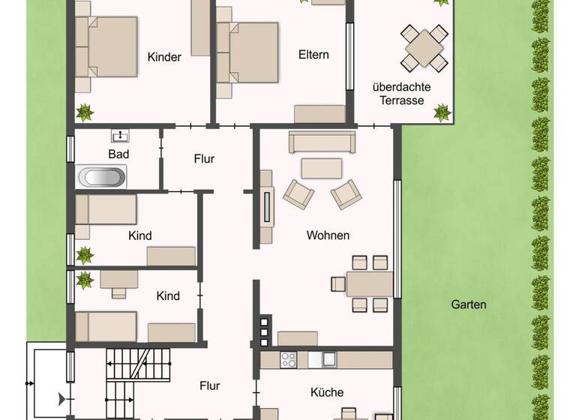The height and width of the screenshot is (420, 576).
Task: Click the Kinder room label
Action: tap(164, 57)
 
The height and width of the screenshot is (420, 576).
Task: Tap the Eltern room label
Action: tap(313, 55)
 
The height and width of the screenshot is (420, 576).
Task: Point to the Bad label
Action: tap(118, 154)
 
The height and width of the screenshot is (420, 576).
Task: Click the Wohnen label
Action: tap(328, 235)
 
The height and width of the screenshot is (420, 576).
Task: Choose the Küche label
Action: tap(327, 392)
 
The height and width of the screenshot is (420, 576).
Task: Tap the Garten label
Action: tap(469, 304)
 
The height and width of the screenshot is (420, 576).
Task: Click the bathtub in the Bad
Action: tap(102, 178)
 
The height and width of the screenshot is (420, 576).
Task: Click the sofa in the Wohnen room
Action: tap(322, 142)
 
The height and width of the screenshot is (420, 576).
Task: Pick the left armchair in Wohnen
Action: tap(298, 194)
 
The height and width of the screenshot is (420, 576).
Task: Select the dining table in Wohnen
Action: tap(370, 283)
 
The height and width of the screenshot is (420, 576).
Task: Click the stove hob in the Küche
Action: tap(289, 360)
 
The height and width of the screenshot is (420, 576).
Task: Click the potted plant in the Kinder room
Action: tap(85, 112)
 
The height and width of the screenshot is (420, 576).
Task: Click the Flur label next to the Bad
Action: tap(204, 159)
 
